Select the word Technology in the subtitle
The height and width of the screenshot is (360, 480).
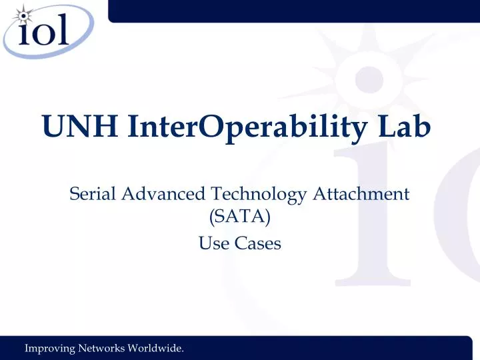point(258,195)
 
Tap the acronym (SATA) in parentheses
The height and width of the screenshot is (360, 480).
point(239,219)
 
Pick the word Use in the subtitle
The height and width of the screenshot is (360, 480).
point(213,244)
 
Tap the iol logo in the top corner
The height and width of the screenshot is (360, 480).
point(43,28)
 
